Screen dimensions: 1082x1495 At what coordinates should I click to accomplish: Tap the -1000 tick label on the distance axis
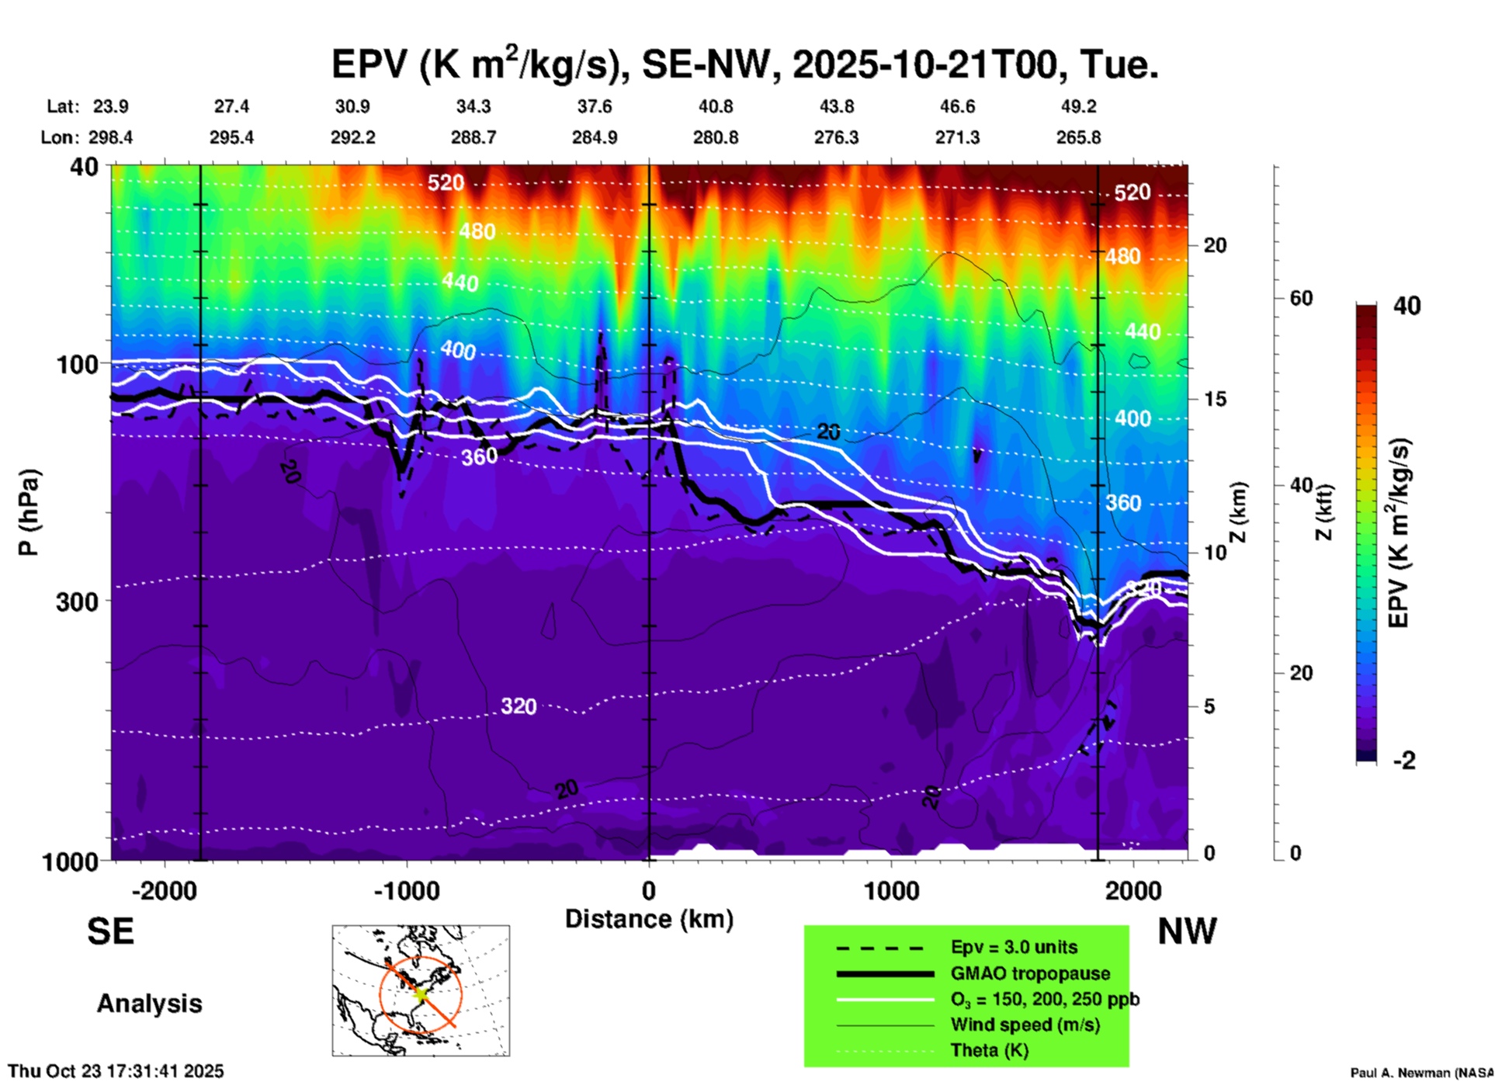[x=407, y=890]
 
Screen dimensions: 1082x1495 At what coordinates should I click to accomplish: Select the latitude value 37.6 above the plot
[x=594, y=106]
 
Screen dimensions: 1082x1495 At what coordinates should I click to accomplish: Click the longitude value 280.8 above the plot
[x=715, y=137]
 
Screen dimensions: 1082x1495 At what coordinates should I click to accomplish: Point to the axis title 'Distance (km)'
[x=649, y=919]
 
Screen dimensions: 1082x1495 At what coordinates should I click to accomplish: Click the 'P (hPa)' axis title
[x=29, y=512]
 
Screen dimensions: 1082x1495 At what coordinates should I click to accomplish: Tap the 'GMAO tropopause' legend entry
[x=1030, y=973]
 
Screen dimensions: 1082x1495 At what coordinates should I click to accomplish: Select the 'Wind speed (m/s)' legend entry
[x=1025, y=1025]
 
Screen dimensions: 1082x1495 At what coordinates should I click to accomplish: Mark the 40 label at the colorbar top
[x=1407, y=306]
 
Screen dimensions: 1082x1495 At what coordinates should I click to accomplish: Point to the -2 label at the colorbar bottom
[x=1404, y=761]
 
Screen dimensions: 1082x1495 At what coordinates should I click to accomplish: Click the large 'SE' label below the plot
[x=110, y=931]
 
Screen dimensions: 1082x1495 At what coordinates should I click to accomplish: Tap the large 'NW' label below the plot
[x=1187, y=931]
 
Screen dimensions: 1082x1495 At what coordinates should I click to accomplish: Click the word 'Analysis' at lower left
[x=149, y=1004]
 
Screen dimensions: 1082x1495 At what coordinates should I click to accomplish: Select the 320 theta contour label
[x=519, y=706]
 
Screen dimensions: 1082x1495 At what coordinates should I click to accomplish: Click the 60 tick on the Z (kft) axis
[x=1301, y=298]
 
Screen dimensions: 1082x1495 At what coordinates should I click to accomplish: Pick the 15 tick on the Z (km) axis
[x=1215, y=399]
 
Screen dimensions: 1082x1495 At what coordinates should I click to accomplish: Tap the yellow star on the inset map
[x=420, y=993]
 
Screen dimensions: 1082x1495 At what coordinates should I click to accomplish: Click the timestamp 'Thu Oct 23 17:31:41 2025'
[x=116, y=1071]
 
